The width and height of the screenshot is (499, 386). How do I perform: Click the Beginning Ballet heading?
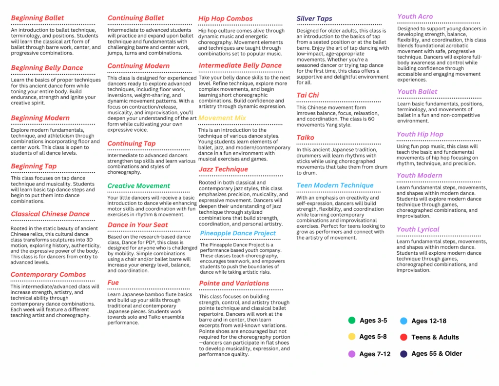coord(38,18)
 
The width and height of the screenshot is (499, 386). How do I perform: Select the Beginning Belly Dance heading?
coord(47,68)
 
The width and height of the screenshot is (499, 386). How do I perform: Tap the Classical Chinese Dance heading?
coord(50,214)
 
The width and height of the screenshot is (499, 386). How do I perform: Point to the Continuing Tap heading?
coord(132,143)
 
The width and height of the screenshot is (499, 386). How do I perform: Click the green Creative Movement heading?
coord(139,186)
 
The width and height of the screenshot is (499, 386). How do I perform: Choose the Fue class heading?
coord(113,283)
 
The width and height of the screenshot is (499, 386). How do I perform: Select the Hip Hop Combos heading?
coord(225,19)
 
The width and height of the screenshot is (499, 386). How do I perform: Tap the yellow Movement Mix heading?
coord(222,118)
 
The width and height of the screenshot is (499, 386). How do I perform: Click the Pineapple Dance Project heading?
coord(238,233)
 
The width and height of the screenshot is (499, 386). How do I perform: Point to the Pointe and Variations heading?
coord(234,283)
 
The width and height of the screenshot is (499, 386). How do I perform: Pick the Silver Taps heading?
coord(314,19)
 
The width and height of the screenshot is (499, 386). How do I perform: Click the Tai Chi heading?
coord(308,95)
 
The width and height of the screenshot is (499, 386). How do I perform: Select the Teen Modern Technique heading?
coord(335,185)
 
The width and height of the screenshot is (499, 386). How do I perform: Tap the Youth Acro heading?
coord(415,16)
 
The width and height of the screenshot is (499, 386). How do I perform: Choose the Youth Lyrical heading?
coord(418,229)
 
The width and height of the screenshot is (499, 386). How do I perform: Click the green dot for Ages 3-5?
coord(352,321)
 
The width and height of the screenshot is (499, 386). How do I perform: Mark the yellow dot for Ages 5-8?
coord(352,337)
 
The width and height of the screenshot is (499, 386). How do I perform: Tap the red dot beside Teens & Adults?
coord(403,337)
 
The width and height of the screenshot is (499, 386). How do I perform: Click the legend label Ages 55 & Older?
coord(437,354)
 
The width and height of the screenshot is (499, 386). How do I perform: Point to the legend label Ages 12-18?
coord(429,321)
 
